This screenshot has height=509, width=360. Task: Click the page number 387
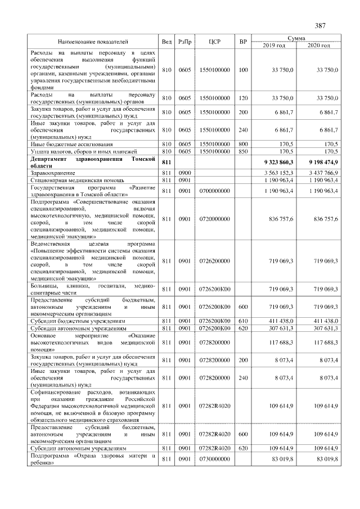click(x=321, y=26)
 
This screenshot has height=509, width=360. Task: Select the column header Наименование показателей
click(x=93, y=42)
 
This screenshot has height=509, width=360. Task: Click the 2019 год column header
click(x=274, y=45)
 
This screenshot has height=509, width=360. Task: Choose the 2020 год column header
click(x=318, y=45)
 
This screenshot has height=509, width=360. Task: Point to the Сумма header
click(x=296, y=38)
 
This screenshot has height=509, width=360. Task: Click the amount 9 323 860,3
click(x=276, y=162)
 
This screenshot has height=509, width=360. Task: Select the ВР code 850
click(x=242, y=151)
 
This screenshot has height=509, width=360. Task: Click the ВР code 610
click(x=242, y=320)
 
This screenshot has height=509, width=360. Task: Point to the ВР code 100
click(x=242, y=70)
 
